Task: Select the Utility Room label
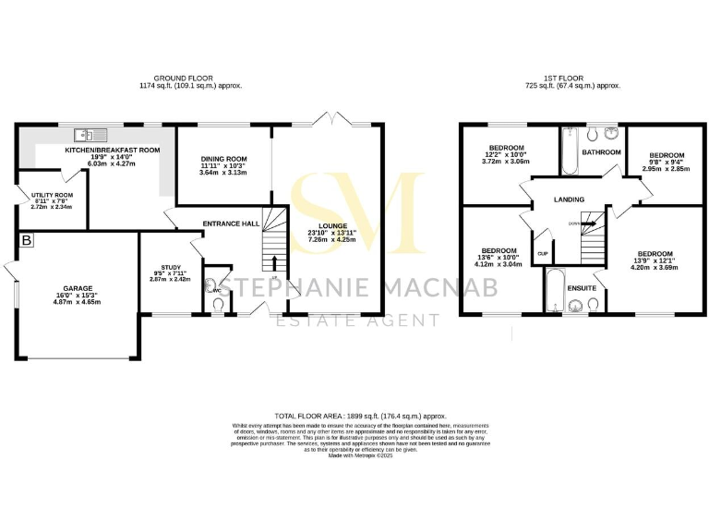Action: [51, 196]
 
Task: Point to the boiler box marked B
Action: [26, 240]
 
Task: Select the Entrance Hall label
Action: [232, 223]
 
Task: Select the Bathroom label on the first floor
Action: [601, 152]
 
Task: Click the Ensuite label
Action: [581, 288]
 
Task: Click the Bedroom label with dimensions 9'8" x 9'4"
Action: [667, 155]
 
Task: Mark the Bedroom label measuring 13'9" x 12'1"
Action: [654, 253]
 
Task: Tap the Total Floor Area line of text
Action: [354, 417]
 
